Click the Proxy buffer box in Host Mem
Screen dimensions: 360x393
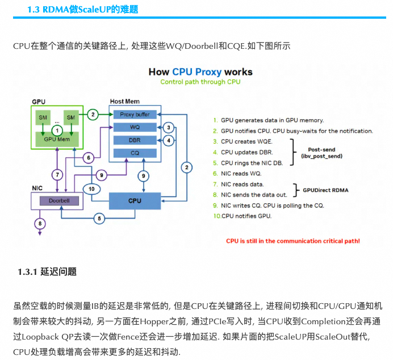(135, 114)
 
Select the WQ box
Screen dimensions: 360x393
(135, 127)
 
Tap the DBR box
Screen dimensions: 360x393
(135, 140)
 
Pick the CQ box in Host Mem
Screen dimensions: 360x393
(135, 153)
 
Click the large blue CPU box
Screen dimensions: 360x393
(135, 200)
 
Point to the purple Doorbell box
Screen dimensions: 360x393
(58, 200)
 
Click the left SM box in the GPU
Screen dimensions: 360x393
(43, 118)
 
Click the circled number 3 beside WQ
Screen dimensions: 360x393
(168, 127)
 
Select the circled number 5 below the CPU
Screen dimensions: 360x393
(99, 218)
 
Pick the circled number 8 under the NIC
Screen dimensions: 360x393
(39, 224)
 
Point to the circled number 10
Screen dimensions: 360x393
(91, 188)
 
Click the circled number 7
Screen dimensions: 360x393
(57, 174)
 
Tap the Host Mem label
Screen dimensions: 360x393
(124, 101)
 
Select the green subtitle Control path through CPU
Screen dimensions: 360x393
(200, 82)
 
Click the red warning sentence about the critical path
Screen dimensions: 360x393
(292, 241)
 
